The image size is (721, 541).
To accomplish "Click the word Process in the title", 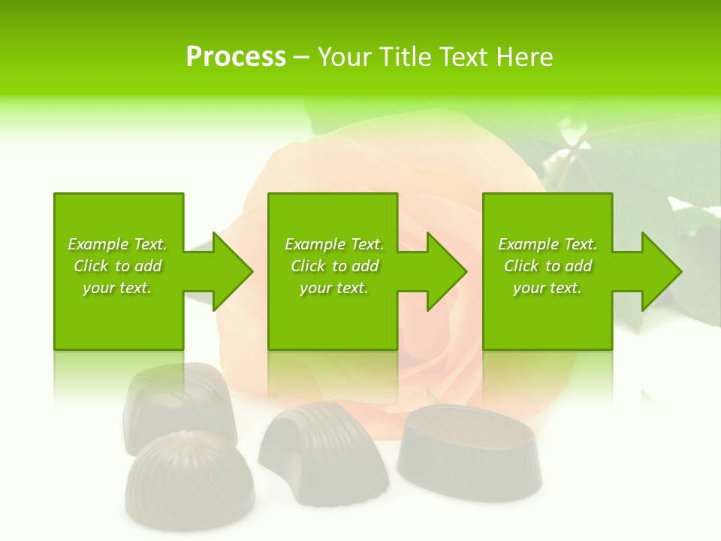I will (236, 57).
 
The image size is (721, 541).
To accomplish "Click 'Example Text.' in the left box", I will (118, 244).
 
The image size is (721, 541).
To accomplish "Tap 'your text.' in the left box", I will (118, 288).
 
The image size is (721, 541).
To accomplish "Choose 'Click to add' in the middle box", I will (334, 266).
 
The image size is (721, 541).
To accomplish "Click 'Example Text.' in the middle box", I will (334, 244).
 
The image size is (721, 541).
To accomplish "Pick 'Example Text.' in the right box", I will (548, 244).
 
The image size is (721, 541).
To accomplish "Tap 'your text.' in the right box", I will (548, 288).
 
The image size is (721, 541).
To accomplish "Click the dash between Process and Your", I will (302, 57).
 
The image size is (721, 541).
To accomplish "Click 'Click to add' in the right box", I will (548, 266).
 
